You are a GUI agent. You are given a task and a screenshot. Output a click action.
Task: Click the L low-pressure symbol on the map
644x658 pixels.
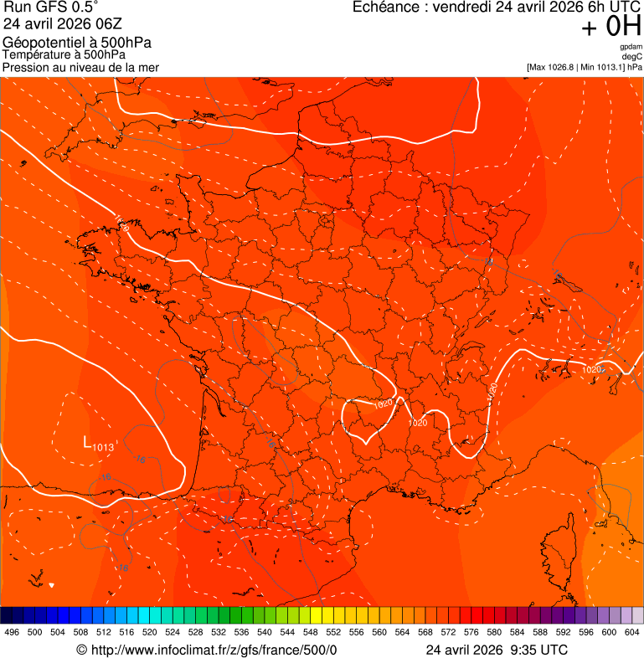pyautogui.click(x=86, y=441)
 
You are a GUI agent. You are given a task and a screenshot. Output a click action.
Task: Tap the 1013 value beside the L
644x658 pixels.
pyautogui.click(x=103, y=447)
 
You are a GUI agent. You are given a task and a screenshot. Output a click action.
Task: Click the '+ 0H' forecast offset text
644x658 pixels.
pyautogui.click(x=611, y=27)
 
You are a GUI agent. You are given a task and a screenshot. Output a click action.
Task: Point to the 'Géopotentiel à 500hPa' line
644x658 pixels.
pyautogui.click(x=77, y=43)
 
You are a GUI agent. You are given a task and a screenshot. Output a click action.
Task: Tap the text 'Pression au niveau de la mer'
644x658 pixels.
pyautogui.click(x=80, y=67)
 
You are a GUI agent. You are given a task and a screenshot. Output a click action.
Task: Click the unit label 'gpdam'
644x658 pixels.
pyautogui.click(x=631, y=47)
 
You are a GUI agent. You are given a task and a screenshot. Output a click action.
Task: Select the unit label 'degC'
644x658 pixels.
pyautogui.click(x=632, y=57)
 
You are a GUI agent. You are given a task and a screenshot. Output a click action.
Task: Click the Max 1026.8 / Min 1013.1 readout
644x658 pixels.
pyautogui.click(x=585, y=67)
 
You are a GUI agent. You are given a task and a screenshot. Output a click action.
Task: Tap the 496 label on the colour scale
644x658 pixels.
pyautogui.click(x=12, y=632)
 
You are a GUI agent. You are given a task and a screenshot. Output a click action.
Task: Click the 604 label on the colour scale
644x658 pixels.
pyautogui.click(x=632, y=632)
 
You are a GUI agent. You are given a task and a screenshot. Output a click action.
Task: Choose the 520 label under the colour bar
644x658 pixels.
pyautogui.click(x=150, y=632)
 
